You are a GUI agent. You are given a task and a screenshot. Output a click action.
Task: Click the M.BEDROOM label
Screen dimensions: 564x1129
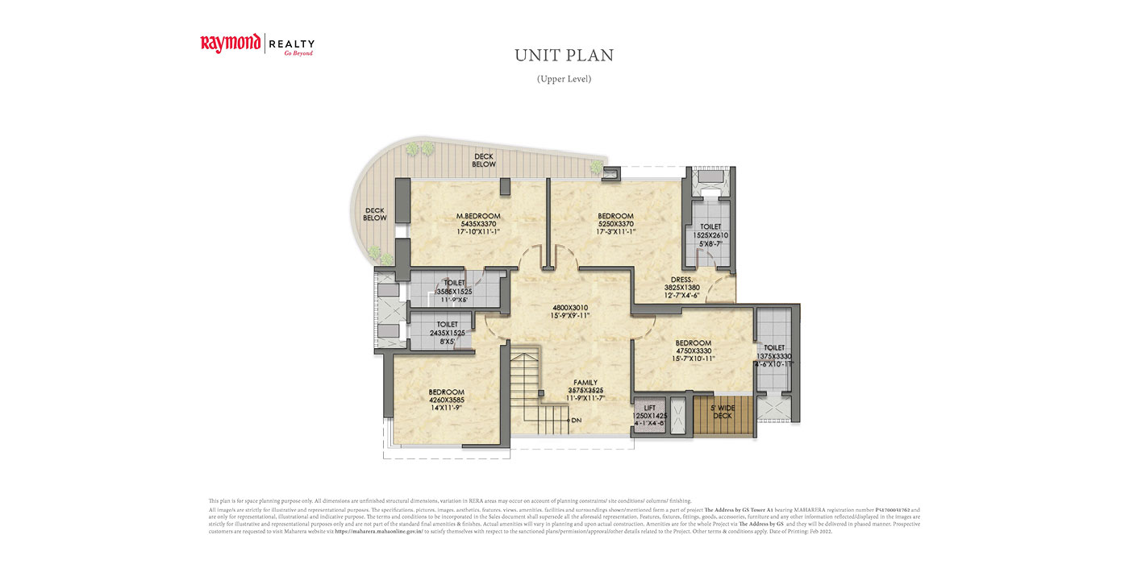478,216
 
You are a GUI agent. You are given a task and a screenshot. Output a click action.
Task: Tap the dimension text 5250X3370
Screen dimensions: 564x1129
615,224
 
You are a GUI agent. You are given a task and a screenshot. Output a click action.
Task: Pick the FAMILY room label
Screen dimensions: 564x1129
585,382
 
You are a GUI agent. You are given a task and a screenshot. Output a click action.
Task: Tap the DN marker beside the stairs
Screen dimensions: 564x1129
575,421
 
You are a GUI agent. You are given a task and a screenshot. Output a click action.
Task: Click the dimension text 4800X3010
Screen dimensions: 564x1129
572,307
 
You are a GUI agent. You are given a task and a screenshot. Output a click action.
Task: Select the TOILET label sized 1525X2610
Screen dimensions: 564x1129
710,227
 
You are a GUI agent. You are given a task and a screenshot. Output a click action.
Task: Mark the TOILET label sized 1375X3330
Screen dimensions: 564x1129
774,347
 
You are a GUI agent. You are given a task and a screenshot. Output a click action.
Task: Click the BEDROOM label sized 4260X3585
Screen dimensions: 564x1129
446,392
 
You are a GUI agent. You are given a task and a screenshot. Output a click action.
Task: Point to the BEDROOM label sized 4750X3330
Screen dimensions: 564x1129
694,343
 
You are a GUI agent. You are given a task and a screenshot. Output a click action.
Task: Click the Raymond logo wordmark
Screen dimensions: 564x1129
231,43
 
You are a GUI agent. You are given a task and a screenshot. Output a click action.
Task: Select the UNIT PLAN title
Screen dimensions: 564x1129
564,56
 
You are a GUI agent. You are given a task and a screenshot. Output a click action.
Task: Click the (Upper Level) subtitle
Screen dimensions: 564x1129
564,79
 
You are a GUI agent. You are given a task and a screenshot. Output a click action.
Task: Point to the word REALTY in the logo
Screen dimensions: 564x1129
291,44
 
